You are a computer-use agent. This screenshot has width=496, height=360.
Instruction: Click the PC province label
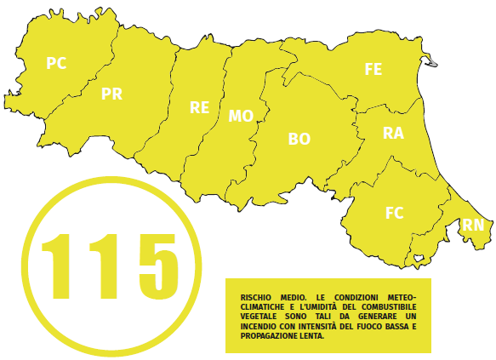56,63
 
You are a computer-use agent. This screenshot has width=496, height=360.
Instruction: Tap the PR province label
111,94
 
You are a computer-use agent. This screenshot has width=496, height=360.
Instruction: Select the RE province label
200,107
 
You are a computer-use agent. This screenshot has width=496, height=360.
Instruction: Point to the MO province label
241,117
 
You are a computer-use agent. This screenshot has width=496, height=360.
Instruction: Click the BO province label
299,138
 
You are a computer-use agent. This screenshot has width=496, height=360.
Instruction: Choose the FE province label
373,70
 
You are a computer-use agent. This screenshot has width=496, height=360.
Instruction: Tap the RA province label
393,134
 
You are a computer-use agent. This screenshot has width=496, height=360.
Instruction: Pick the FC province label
394,213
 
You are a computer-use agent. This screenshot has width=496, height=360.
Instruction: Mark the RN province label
473,226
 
